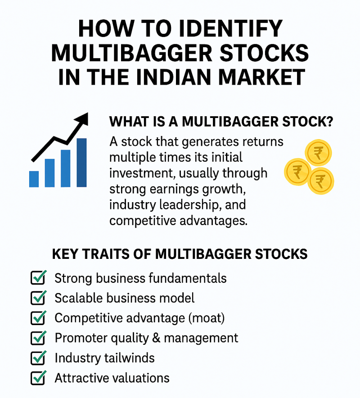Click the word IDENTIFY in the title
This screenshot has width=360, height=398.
(230, 28)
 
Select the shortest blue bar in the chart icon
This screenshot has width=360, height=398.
(34, 179)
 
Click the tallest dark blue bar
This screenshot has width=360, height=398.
(81, 163)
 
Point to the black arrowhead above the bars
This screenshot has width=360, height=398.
(82, 119)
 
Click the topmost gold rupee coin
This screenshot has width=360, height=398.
(318, 153)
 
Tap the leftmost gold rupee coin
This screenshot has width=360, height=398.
(297, 172)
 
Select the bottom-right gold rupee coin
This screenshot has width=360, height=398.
(320, 181)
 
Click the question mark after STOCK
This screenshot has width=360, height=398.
(329, 121)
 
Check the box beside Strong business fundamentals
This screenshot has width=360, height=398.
(38, 277)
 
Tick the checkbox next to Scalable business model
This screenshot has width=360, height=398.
(38, 298)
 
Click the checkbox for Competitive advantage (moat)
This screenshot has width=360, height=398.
(38, 317)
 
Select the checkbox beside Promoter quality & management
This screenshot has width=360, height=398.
(38, 338)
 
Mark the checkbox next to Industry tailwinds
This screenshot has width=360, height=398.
(38, 357)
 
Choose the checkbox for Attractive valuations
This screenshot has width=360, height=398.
(38, 378)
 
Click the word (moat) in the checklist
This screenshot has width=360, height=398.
(207, 318)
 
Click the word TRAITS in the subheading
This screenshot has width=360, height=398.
(106, 254)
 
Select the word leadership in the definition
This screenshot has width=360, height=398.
(189, 205)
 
